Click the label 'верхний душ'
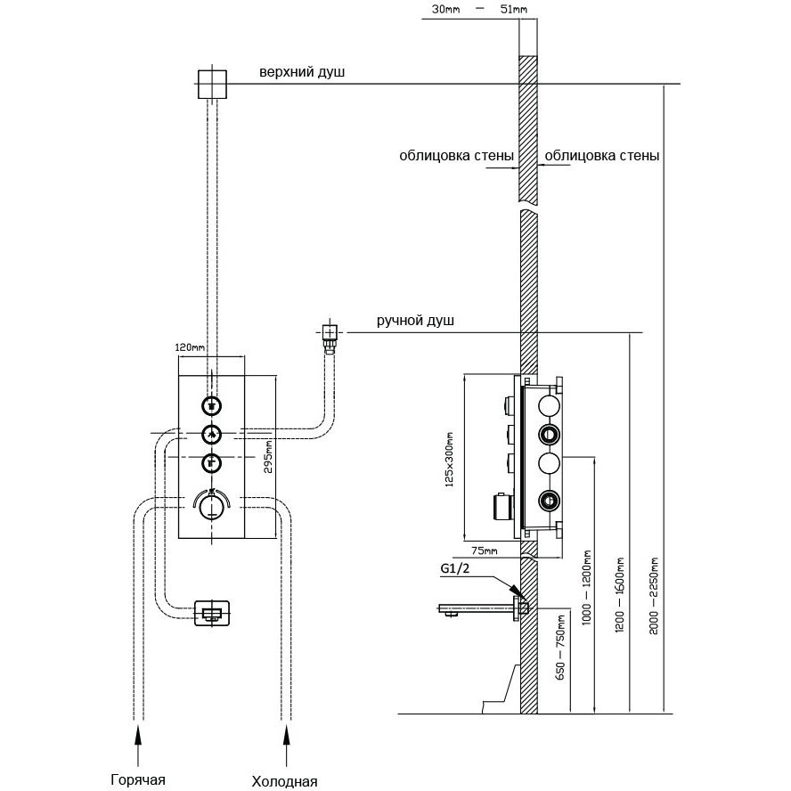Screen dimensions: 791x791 [x=301, y=71]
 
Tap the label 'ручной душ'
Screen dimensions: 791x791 [x=414, y=322]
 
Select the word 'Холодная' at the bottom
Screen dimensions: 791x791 [x=285, y=781]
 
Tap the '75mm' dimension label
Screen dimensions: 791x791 [x=483, y=550]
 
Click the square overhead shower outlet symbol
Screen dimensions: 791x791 [x=211, y=84]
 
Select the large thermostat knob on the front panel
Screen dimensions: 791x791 [x=212, y=507]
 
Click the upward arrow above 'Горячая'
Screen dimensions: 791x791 [x=138, y=736]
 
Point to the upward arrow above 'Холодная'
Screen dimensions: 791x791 [x=286, y=736]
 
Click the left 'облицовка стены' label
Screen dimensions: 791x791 [x=456, y=155]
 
